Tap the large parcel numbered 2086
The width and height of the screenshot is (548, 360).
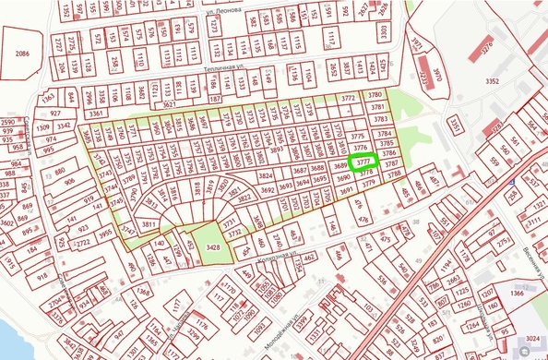(22, 54)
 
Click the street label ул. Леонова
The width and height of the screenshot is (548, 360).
(224, 8)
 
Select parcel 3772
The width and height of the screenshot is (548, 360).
(348, 96)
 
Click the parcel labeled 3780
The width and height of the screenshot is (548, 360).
(374, 95)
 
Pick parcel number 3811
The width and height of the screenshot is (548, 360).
(148, 224)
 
